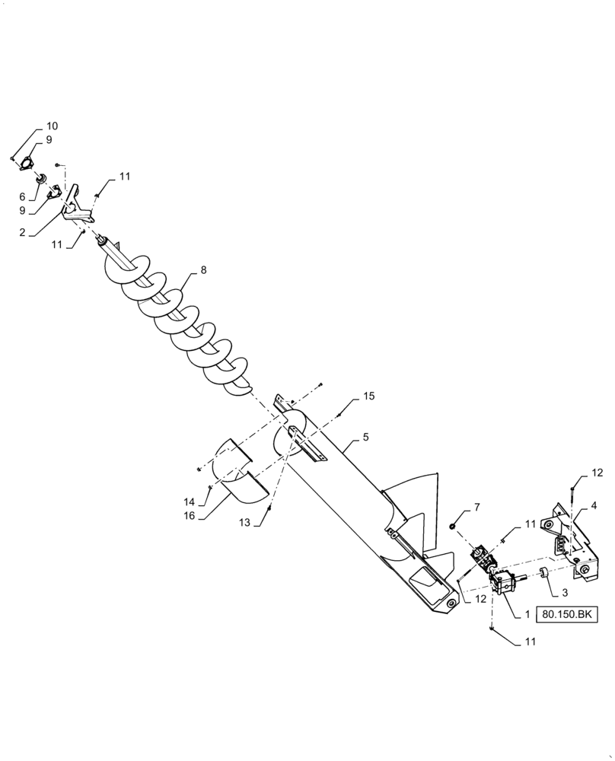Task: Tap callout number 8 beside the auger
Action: (x=204, y=270)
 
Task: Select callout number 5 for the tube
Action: (x=365, y=438)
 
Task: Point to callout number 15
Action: (x=368, y=396)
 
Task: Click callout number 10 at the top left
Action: (x=52, y=126)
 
